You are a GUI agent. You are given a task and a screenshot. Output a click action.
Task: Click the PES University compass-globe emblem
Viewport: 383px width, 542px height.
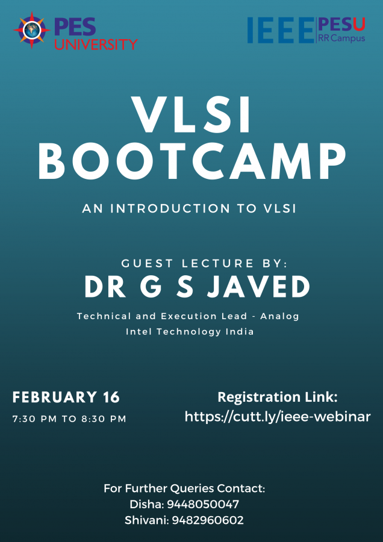[32, 30]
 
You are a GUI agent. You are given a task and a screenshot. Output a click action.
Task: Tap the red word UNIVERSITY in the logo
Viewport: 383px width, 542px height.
[96, 44]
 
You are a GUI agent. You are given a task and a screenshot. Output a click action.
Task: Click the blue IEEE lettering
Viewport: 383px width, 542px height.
[281, 30]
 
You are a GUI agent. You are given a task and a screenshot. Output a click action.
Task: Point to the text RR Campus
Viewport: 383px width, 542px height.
[341, 38]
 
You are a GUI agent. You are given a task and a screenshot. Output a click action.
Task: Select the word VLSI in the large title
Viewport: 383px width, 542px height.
[192, 115]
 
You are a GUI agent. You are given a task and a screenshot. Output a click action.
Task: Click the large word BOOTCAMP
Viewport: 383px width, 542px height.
[192, 163]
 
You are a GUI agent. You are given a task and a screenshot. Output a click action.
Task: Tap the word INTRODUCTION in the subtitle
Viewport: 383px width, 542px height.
[170, 208]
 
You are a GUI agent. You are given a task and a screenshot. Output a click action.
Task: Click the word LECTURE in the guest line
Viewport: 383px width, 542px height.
[218, 263]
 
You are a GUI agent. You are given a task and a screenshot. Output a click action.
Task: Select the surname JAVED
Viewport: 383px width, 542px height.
[258, 287]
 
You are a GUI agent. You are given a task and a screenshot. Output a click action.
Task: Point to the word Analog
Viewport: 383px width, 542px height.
[279, 316]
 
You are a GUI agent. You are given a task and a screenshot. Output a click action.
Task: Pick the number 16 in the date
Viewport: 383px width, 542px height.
[111, 397]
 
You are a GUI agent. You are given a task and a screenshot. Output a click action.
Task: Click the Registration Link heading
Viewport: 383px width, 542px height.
[278, 397]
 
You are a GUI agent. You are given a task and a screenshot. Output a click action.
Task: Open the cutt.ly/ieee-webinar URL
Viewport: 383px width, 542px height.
[278, 417]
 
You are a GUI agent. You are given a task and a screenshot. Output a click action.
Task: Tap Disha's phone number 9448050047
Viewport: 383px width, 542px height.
[203, 504]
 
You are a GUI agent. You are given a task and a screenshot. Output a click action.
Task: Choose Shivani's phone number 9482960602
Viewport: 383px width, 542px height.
[208, 520]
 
